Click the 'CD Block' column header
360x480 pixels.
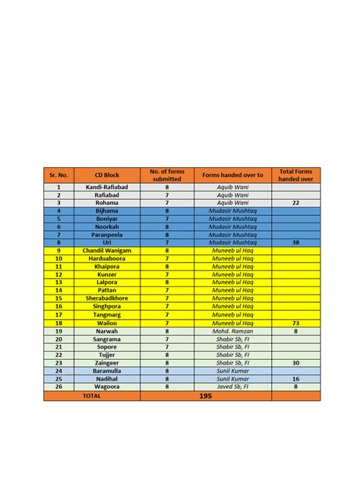tap(106, 175)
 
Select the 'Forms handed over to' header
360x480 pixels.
tap(232, 175)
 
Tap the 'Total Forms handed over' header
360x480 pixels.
tap(295, 175)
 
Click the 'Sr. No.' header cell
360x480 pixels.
tap(58, 175)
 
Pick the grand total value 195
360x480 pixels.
tap(205, 396)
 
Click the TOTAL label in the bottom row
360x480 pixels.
tap(91, 396)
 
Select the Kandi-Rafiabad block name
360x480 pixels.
tap(106, 186)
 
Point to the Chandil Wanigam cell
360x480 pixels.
tap(106, 250)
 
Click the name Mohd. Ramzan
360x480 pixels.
tap(232, 331)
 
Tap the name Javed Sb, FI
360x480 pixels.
tap(232, 386)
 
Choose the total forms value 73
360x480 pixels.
tap(295, 323)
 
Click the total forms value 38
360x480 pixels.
tap(295, 242)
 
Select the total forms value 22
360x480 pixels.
tap(295, 203)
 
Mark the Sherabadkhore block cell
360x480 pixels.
tap(106, 298)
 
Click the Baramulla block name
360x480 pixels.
tap(106, 370)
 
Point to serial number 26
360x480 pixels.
tap(58, 386)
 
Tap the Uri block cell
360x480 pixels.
tap(106, 242)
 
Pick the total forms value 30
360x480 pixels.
tap(295, 362)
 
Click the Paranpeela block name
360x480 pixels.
tap(106, 234)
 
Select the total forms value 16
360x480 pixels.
tap(295, 378)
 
